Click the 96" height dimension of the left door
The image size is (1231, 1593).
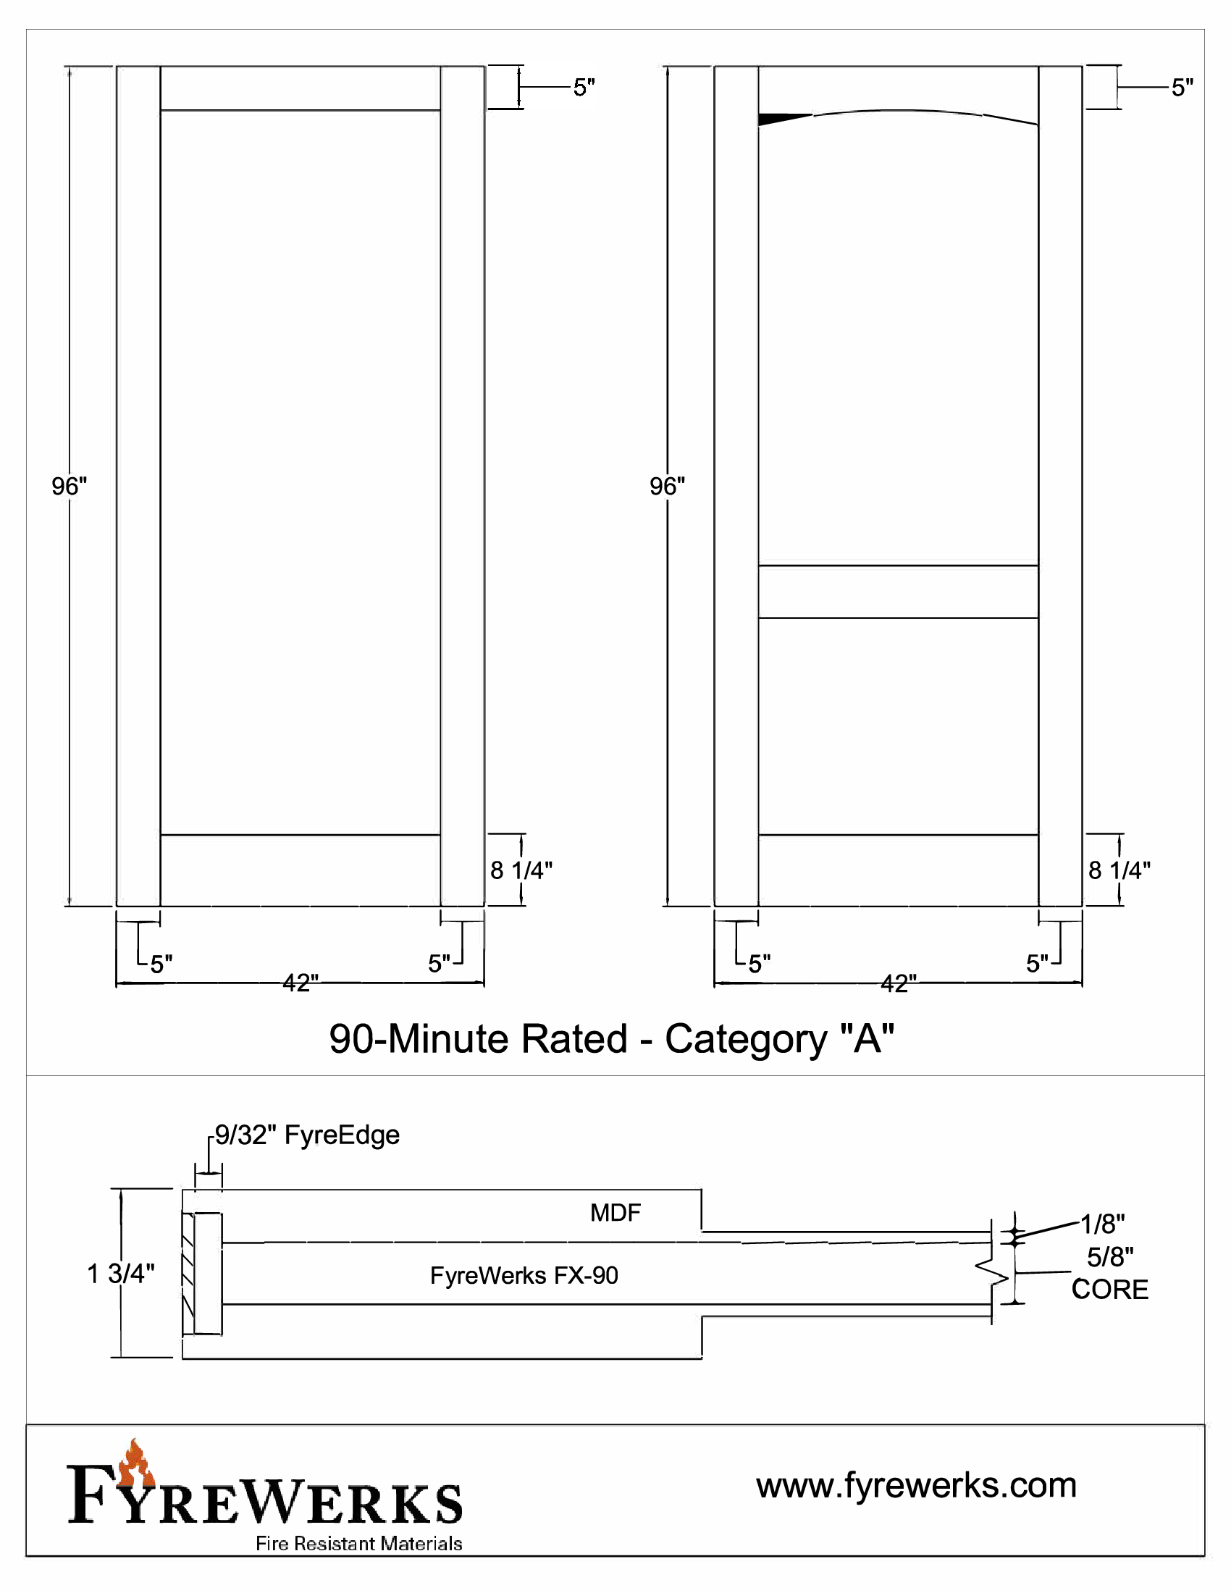pyautogui.click(x=70, y=486)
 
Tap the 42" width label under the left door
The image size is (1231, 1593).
pyautogui.click(x=301, y=983)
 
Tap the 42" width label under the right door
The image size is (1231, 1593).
pyautogui.click(x=899, y=983)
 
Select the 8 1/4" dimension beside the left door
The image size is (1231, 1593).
pyautogui.click(x=521, y=870)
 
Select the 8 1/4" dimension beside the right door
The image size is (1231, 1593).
pyautogui.click(x=1119, y=870)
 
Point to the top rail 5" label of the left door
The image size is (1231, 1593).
pyautogui.click(x=584, y=88)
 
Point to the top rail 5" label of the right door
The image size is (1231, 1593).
pyautogui.click(x=1182, y=88)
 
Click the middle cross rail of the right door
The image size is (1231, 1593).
pyautogui.click(x=899, y=592)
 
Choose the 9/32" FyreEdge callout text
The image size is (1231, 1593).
pyautogui.click(x=307, y=1135)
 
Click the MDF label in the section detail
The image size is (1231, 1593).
pyautogui.click(x=615, y=1213)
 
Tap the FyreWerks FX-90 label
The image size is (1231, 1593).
pyautogui.click(x=524, y=1275)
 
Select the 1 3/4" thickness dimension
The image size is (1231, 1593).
pyautogui.click(x=120, y=1274)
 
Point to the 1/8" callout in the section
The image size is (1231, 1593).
pyautogui.click(x=1102, y=1223)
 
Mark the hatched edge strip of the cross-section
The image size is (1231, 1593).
pyautogui.click(x=188, y=1274)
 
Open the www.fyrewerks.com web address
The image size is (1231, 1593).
pyautogui.click(x=916, y=1485)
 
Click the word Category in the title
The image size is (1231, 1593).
pyautogui.click(x=745, y=1038)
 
